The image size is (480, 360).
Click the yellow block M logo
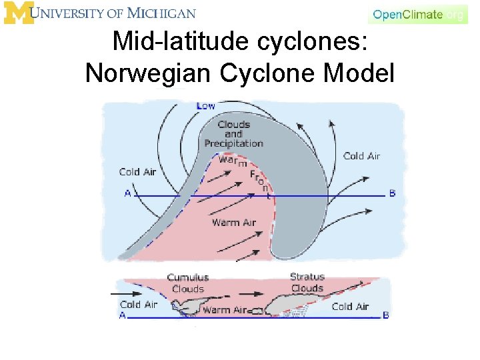pos(19,13)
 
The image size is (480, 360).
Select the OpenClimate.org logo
pos(418,14)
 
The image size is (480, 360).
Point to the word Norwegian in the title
pos(149,72)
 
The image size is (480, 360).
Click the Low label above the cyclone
pos(206,106)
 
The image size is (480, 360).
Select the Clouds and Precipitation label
pos(234,133)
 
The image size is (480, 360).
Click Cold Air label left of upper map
pos(137,172)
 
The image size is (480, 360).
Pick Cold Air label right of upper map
pos(361,156)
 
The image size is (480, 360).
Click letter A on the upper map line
pos(127,193)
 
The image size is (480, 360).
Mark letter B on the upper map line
pos(392,193)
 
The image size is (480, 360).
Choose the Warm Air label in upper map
pos(233,222)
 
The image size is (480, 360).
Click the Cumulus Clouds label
pos(187,283)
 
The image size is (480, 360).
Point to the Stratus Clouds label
pos(307,282)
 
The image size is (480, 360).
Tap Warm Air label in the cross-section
pos(224,310)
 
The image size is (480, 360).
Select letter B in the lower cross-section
pos(386,315)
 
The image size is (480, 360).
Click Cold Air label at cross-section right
pos(350,307)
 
